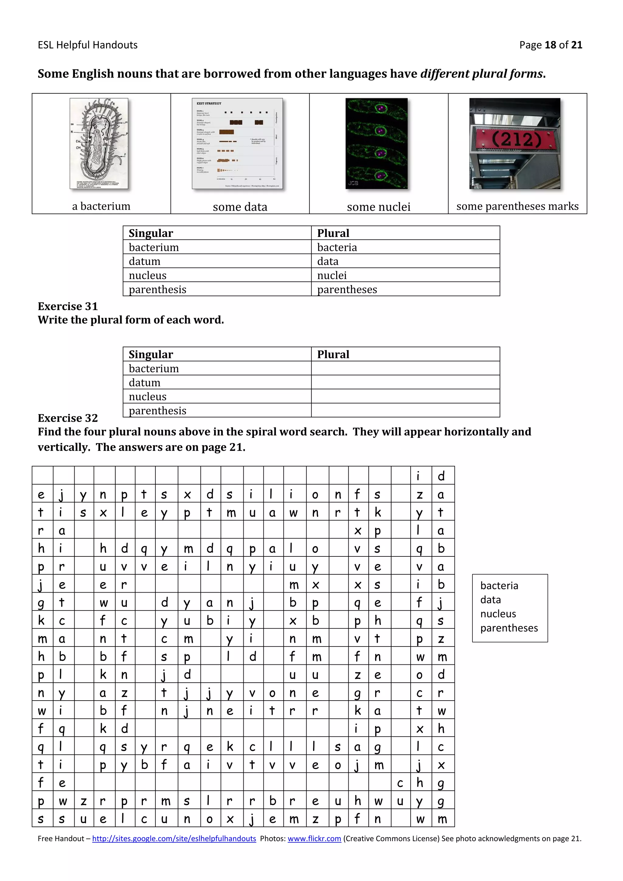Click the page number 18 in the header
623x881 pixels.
point(550,45)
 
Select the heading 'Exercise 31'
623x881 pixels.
point(68,306)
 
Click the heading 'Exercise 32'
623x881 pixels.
point(68,418)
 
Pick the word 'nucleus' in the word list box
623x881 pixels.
point(498,614)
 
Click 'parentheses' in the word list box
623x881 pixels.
point(509,628)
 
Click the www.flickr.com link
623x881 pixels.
point(314,838)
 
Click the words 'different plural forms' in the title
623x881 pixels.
point(482,73)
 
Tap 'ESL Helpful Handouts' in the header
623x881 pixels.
point(88,45)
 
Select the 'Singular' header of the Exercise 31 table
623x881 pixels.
point(151,354)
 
